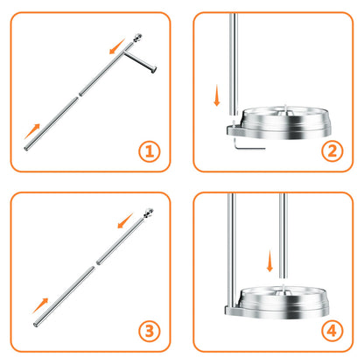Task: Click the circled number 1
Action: click(150, 151)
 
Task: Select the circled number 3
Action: click(150, 332)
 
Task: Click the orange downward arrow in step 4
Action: click(270, 260)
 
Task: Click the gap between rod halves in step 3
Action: click(94, 262)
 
